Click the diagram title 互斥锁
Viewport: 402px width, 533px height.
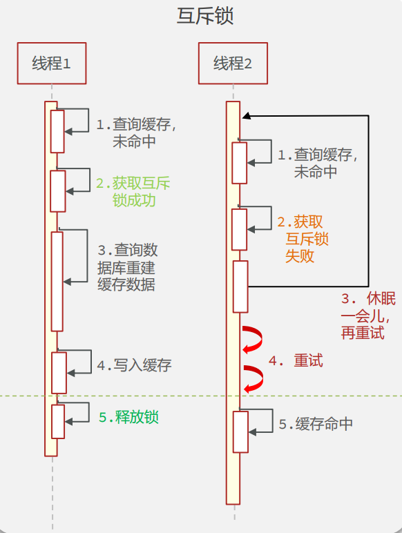205,17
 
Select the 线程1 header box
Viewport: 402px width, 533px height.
51,64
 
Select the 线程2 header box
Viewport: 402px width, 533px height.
233,64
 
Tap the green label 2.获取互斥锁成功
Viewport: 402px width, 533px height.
133,192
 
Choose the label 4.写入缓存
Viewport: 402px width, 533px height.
134,366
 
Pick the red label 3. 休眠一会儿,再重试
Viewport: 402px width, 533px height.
368,316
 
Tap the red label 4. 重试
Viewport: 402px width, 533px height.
296,361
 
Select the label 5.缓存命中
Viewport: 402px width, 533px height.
316,424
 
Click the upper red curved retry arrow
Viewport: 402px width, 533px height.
253,339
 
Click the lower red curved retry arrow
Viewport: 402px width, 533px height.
253,379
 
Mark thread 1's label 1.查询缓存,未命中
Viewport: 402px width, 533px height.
136,133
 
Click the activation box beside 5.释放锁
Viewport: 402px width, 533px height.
58,421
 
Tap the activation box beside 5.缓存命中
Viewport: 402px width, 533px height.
240,432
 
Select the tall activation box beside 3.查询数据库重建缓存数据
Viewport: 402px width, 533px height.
57,281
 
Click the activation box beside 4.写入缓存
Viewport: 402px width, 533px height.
59,373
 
